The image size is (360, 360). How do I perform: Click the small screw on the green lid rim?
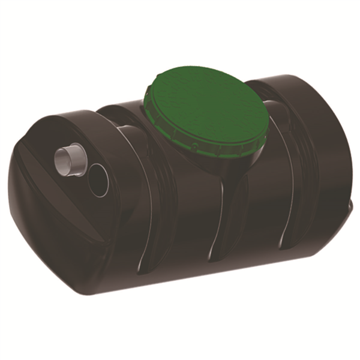pos(194,146)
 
